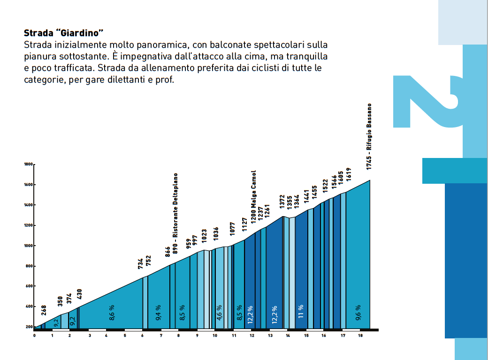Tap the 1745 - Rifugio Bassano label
(370, 136)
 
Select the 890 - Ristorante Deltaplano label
(176, 213)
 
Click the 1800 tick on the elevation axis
(28, 165)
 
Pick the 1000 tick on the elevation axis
(28, 246)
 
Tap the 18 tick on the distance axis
(360, 335)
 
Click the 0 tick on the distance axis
(34, 335)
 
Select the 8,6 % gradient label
(112, 313)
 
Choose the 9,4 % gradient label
(158, 313)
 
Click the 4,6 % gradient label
(219, 313)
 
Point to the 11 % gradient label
(301, 311)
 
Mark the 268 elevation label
(44, 310)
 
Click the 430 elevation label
(79, 294)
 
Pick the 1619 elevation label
(348, 174)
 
